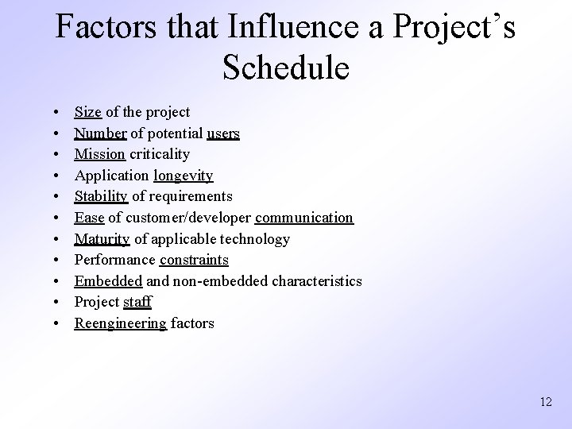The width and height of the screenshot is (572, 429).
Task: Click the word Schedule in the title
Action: coord(285,68)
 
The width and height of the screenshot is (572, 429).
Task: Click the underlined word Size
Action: coord(88,113)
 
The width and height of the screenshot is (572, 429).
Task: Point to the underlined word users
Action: coord(222,133)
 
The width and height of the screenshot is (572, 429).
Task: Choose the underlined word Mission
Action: coord(99,154)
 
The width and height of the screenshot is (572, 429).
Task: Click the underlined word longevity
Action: coord(183,176)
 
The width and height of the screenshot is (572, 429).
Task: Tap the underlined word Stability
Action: coord(102,196)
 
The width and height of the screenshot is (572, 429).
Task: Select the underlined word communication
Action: coord(304,218)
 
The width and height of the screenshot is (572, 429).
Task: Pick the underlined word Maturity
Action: coord(102,238)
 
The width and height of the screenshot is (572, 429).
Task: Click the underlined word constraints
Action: coord(194,260)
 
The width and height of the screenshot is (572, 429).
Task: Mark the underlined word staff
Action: coord(137,302)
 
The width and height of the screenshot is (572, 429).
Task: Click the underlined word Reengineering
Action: coord(121,323)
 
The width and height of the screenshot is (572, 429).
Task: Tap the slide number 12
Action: coord(545,402)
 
